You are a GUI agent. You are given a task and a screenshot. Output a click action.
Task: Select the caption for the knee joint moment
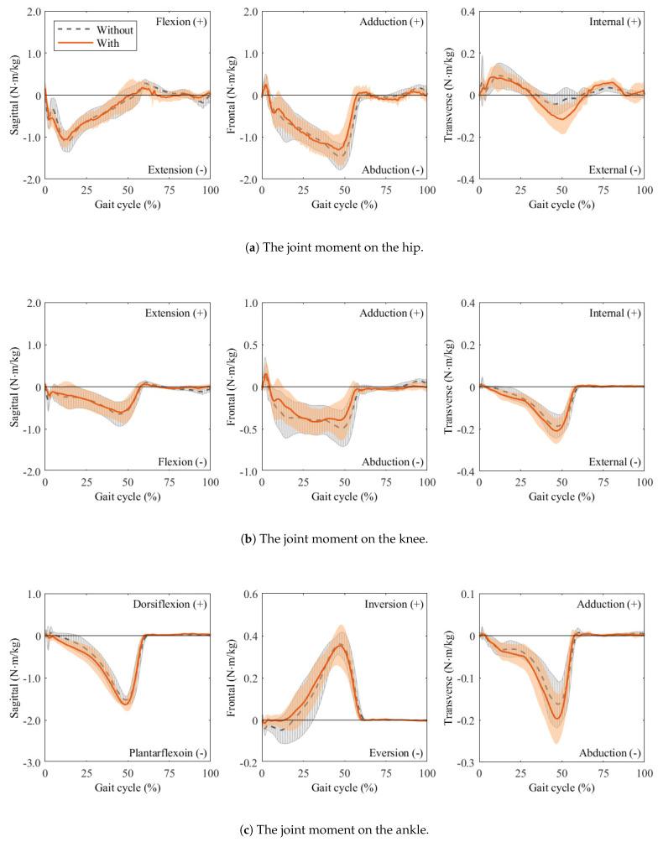(x=329, y=538)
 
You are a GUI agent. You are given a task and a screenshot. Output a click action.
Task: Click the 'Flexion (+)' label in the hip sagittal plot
(x=183, y=21)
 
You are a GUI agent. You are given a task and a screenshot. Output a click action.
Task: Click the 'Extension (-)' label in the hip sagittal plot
(x=180, y=170)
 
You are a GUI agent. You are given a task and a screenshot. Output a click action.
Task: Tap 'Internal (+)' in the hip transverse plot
(x=614, y=21)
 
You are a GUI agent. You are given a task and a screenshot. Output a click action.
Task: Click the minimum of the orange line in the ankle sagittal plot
(x=127, y=703)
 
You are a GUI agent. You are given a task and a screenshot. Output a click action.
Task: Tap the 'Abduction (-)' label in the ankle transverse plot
(x=609, y=754)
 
